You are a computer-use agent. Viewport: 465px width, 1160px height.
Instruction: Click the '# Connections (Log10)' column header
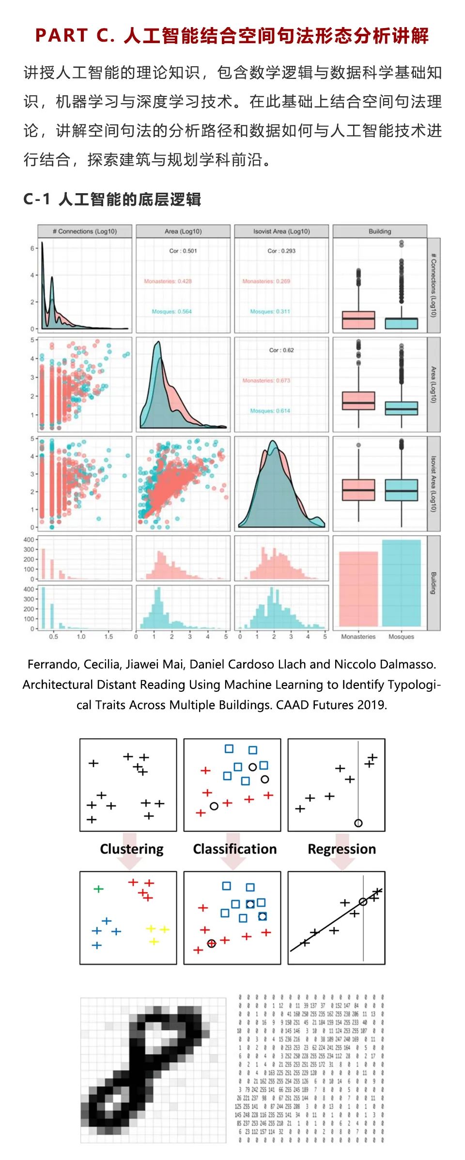pos(85,231)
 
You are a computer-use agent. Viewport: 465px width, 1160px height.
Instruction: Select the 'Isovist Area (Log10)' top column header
pos(281,231)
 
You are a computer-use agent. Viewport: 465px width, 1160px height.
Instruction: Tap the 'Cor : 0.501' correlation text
pos(183,251)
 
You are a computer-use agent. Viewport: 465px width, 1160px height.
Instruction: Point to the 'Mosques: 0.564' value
pos(171,311)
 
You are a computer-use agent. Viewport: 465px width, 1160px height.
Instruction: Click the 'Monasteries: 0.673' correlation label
pos(266,381)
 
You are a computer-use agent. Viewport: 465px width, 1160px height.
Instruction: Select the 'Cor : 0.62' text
pos(281,350)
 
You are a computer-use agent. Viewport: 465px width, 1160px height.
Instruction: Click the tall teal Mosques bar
pos(401,583)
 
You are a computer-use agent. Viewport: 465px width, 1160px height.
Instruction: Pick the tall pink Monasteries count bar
pos(358,588)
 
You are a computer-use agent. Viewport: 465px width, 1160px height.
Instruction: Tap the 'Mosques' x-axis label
pos(401,637)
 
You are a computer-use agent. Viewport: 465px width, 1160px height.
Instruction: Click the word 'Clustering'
pos(132,849)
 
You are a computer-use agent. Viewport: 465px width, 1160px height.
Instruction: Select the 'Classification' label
pos(235,849)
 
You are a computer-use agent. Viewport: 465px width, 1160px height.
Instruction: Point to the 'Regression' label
pos(342,849)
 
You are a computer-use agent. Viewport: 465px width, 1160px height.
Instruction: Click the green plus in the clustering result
pos(98,889)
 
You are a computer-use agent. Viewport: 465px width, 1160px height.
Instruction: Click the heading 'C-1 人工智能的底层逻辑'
pos(112,199)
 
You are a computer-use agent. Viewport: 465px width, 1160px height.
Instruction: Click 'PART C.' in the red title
pos(75,36)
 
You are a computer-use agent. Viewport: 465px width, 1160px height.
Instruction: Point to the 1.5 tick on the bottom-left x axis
pos(108,637)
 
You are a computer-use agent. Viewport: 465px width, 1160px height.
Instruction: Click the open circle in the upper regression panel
pos(358,823)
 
